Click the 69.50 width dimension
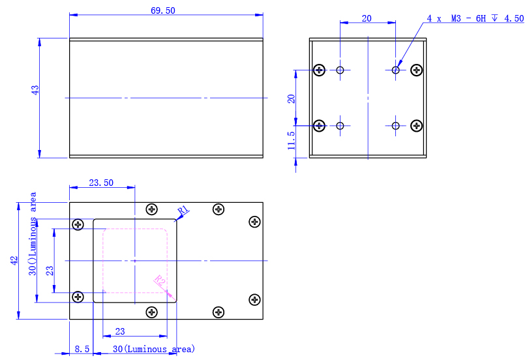tap(163, 10)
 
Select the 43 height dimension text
tap(35, 90)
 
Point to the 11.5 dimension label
tap(292, 140)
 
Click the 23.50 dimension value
tap(100, 183)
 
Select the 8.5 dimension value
tap(82, 350)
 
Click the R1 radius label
tap(183, 210)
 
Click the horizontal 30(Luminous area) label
tap(154, 350)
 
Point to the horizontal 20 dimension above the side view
tap(367, 19)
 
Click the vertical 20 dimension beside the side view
tap(292, 98)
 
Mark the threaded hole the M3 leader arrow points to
tap(396, 70)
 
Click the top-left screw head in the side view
tap(320, 70)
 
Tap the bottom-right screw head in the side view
tap(416, 126)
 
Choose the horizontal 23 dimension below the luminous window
tap(120, 331)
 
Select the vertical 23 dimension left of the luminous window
tap(50, 270)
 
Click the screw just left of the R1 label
tap(152, 209)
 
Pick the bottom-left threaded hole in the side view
tap(340, 126)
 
